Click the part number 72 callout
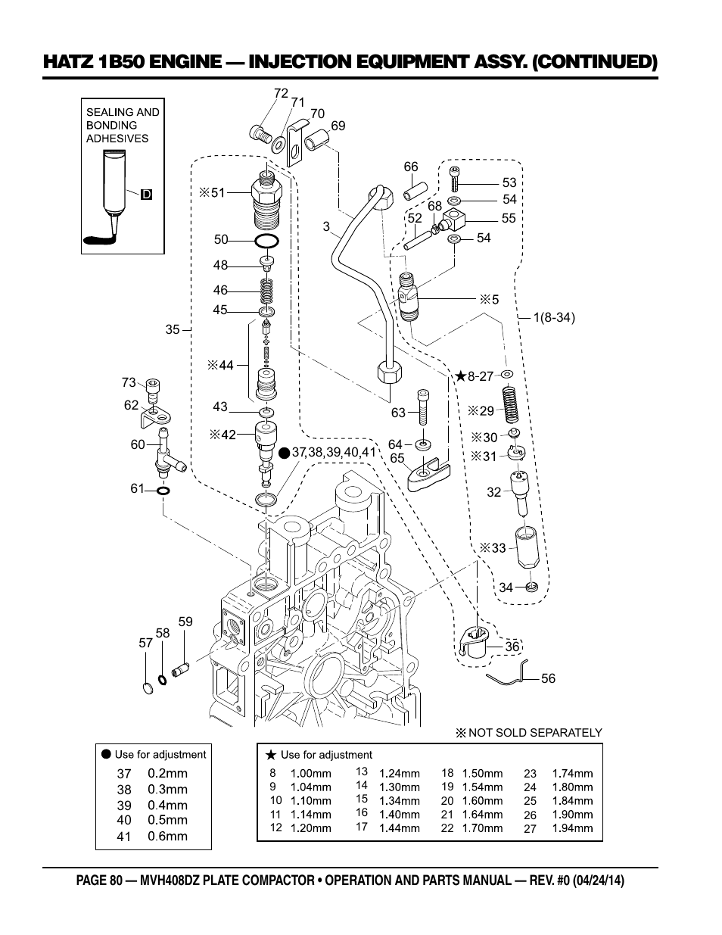tap(281, 93)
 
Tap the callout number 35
tap(173, 329)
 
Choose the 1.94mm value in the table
tap(572, 828)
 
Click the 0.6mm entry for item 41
tap(167, 837)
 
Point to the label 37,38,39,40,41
tap(334, 452)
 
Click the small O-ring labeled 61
tap(163, 491)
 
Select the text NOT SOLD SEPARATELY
tap(535, 733)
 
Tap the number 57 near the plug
tap(145, 643)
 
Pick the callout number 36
tap(512, 647)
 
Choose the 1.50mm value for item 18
tap(482, 774)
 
